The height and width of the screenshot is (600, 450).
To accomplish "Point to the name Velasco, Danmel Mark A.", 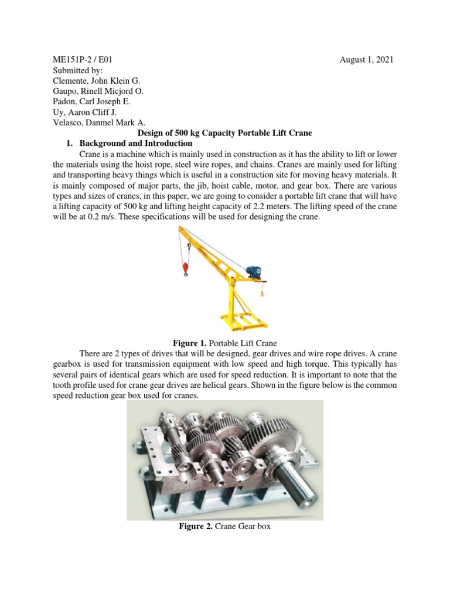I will pos(94,122).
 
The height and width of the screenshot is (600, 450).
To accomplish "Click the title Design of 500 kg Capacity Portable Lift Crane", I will pos(224,133).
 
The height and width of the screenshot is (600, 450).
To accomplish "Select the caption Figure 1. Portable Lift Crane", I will pos(224,343).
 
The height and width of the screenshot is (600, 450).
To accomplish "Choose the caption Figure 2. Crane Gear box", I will pos(224,527).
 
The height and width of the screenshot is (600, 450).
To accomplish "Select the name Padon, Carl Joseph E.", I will pos(86,101).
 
